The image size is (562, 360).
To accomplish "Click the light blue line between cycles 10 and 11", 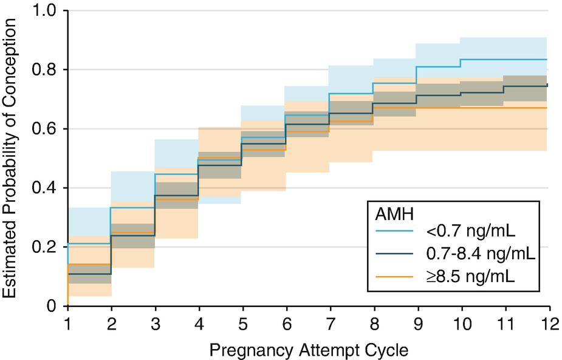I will (x=482, y=60).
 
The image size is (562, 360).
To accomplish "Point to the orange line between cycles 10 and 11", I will (x=482, y=108).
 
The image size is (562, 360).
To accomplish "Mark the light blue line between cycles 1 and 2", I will (x=89, y=244).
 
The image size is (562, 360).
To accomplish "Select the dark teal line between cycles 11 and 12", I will (x=526, y=86).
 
